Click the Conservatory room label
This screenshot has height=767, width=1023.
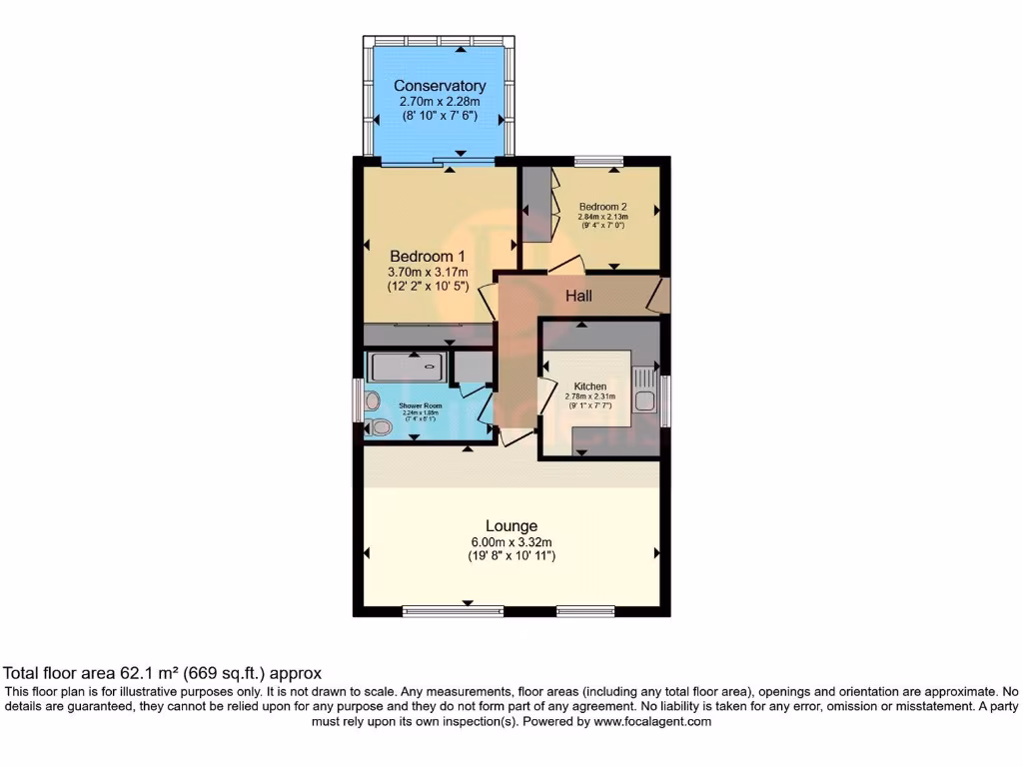click(440, 86)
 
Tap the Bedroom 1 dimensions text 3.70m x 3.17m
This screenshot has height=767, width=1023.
click(428, 271)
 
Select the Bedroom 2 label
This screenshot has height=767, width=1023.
click(602, 207)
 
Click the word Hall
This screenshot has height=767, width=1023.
click(579, 296)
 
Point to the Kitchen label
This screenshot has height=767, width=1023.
click(590, 386)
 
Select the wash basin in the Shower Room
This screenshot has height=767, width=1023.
click(373, 401)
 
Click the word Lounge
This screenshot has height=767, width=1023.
click(511, 525)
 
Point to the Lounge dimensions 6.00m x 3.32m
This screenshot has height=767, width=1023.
click(511, 541)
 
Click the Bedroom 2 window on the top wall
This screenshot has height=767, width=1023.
click(598, 160)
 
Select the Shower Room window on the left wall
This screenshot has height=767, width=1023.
click(359, 399)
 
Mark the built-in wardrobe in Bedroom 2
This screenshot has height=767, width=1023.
click(537, 205)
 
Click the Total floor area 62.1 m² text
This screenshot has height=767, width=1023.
click(163, 674)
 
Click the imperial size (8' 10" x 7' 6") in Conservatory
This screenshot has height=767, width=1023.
click(440, 116)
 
